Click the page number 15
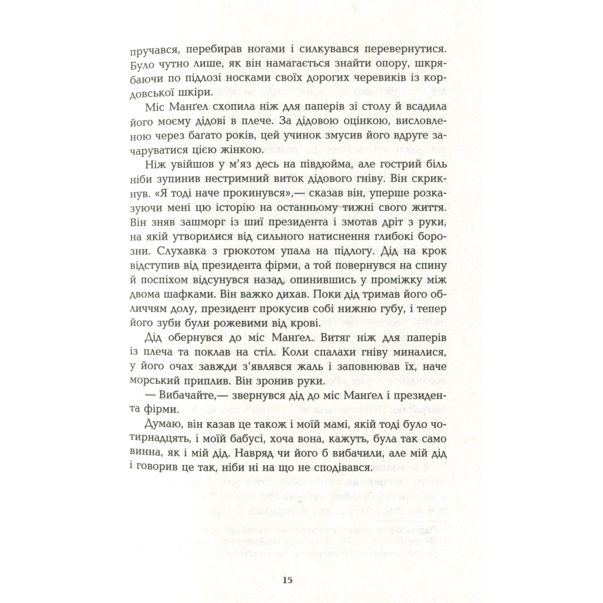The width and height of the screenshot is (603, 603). coord(287,580)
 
